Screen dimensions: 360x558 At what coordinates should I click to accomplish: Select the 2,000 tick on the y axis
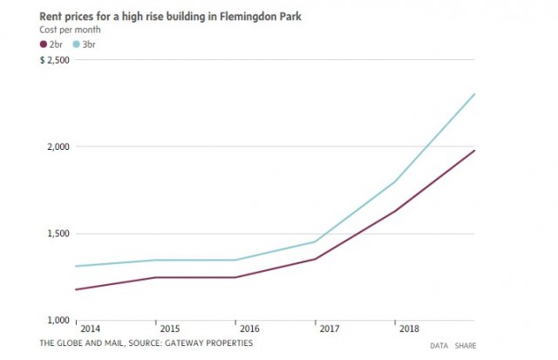click(x=58, y=146)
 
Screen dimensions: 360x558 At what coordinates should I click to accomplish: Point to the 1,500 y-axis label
click(x=58, y=234)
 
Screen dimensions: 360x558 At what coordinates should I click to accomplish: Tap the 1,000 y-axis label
click(x=58, y=320)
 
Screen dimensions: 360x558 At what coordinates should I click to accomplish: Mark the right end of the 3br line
click(x=474, y=94)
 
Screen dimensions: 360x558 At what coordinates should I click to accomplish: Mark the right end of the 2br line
click(x=474, y=151)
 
